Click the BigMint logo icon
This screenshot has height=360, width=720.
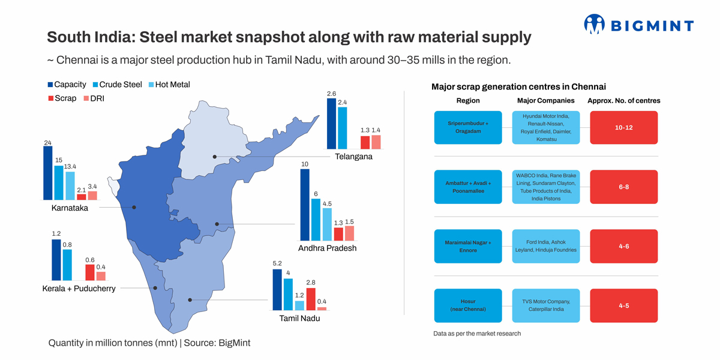point(595,24)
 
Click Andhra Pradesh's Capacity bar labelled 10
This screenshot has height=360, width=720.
point(305,205)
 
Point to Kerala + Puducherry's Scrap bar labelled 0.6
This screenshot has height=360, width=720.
point(89,272)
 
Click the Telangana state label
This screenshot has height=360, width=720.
point(353,157)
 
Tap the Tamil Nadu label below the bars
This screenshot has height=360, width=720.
point(299,319)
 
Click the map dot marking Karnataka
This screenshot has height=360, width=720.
point(134,207)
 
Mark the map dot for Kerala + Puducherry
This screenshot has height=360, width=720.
point(155,288)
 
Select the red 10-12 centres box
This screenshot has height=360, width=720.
point(624,127)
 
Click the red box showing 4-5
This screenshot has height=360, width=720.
point(624,305)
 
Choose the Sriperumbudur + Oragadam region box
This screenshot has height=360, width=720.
point(468,127)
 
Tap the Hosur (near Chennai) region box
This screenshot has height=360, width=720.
point(468,305)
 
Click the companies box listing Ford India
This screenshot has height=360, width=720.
point(546,246)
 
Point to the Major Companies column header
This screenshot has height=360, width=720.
point(545,101)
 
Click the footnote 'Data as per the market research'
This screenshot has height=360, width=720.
point(477,334)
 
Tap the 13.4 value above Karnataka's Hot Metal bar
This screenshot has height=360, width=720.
point(70,166)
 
